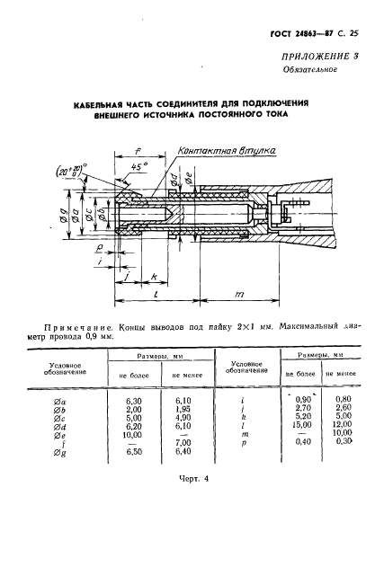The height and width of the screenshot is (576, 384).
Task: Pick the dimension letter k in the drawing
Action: (x=155, y=276)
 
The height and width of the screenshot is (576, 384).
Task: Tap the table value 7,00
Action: (x=182, y=442)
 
